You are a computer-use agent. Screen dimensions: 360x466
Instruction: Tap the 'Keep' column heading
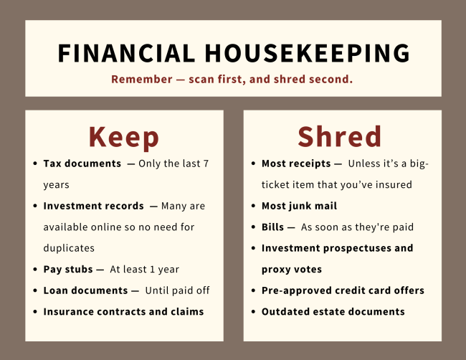click(123, 136)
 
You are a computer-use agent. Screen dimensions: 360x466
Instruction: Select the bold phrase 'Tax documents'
click(82, 164)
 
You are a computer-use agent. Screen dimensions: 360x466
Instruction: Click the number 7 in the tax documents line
click(206, 164)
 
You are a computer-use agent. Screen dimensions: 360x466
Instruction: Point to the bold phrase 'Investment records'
click(93, 206)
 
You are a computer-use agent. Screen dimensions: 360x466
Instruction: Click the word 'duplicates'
click(69, 247)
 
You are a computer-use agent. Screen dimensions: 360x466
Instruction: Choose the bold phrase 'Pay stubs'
click(68, 269)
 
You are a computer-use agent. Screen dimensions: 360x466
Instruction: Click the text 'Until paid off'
click(176, 290)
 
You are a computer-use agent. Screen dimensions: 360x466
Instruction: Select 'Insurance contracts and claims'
click(123, 311)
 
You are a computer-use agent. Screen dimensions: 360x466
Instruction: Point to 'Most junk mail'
click(299, 206)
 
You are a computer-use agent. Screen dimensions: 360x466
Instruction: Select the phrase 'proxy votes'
click(292, 269)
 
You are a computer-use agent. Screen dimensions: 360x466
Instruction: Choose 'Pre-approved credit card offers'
click(343, 290)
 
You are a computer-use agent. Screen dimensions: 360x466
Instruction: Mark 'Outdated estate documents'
click(333, 311)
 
